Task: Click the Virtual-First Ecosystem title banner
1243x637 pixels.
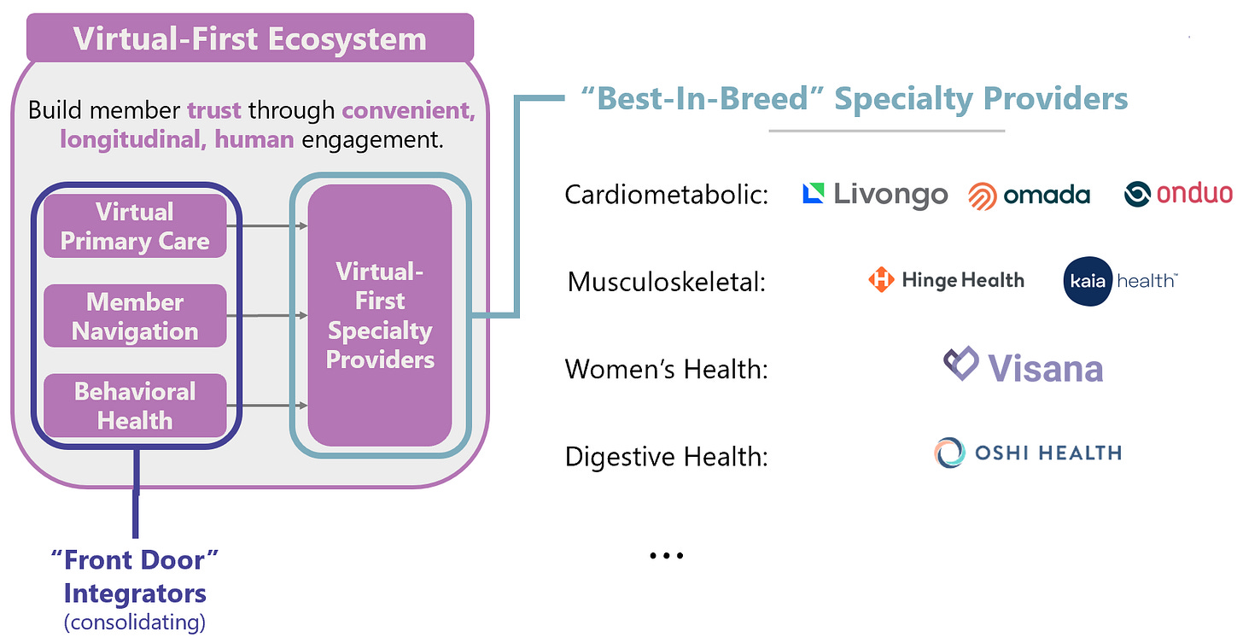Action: point(249,38)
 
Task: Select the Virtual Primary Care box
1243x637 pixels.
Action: point(135,226)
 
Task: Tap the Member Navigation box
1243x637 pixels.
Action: point(135,316)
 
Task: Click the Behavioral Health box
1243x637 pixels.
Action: point(135,406)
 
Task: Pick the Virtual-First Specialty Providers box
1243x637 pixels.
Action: point(380,315)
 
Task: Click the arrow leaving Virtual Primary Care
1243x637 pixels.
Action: point(266,226)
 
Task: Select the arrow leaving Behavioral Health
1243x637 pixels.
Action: point(266,406)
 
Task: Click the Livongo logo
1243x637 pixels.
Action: point(875,195)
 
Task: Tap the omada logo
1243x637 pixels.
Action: point(1029,196)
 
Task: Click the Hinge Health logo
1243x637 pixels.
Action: point(946,280)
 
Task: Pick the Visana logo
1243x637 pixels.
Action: point(1023,367)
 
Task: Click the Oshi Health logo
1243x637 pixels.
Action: point(1027,453)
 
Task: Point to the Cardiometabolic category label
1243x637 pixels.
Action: point(667,196)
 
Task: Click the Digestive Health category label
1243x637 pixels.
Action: point(667,457)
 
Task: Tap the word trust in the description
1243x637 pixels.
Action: point(214,110)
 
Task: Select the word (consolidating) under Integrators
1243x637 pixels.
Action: point(135,622)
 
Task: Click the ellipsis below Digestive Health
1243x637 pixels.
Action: point(667,556)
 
